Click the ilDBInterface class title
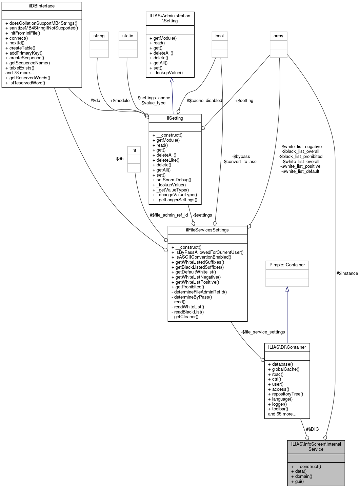[42, 6]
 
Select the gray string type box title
[99, 36]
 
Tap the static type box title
[128, 36]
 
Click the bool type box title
[220, 36]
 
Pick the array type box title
[278, 36]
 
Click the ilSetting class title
[175, 118]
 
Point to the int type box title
[134, 150]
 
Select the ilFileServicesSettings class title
[207, 230]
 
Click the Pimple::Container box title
[287, 265]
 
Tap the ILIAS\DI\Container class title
[287, 347]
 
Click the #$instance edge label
[347, 273]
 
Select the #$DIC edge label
[312, 429]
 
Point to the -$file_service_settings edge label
[263, 332]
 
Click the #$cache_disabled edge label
[204, 101]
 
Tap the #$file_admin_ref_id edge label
[169, 215]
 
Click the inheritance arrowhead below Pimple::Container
[287, 289]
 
